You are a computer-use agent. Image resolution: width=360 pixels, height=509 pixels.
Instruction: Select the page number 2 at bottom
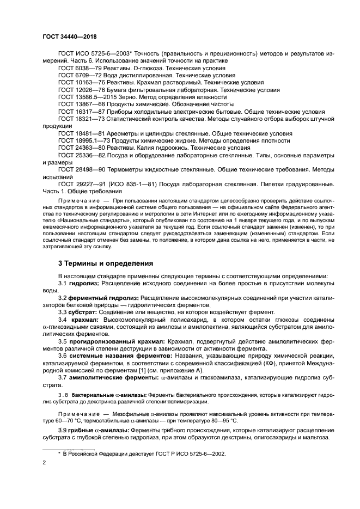44,463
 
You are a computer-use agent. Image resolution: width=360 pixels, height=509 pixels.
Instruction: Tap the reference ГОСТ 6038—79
81,69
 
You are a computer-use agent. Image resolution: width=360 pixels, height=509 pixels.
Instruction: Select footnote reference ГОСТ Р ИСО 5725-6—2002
186,453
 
